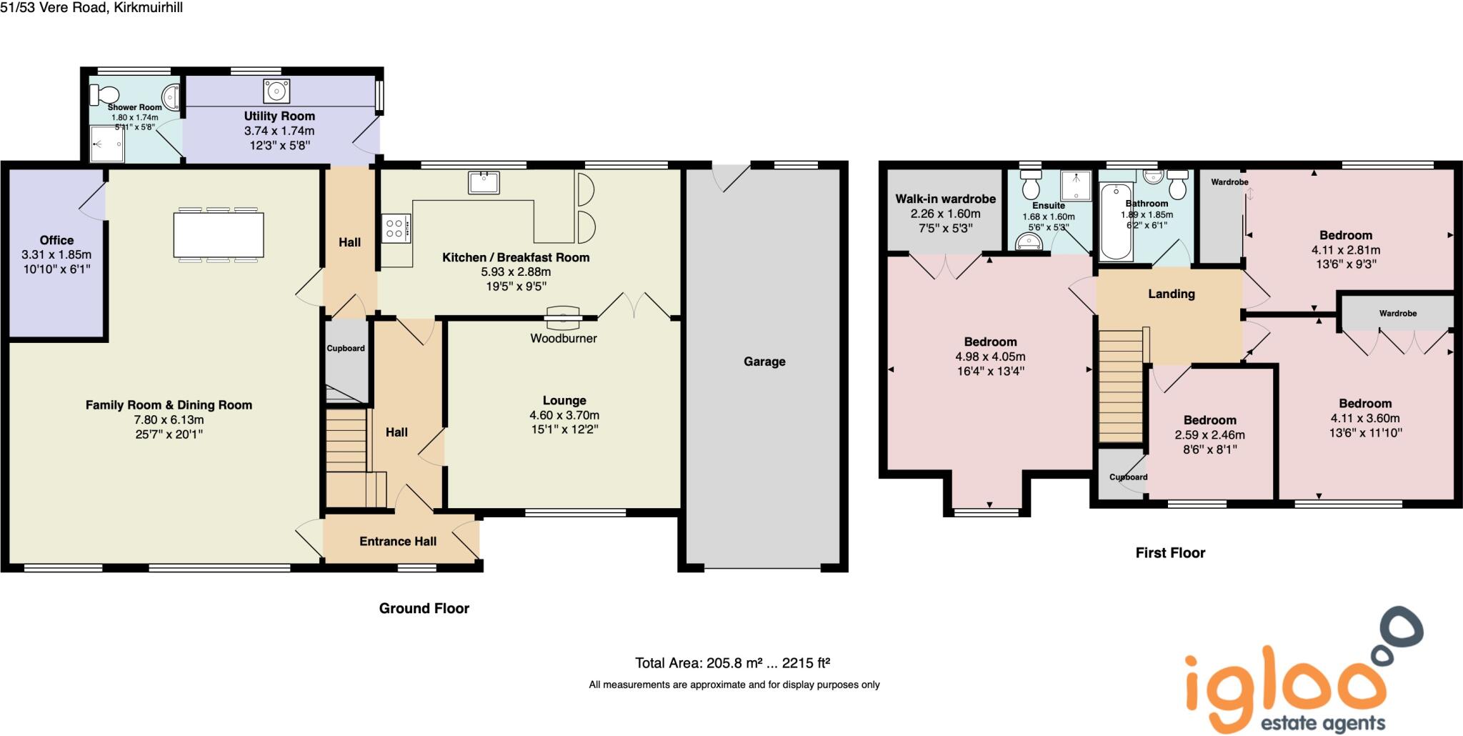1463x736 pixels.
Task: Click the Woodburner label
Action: pyautogui.click(x=563, y=338)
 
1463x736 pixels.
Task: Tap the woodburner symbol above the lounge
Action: pyautogui.click(x=563, y=315)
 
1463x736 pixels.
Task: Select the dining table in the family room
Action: pyautogui.click(x=219, y=235)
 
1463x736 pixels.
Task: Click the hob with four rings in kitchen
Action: pyautogui.click(x=395, y=229)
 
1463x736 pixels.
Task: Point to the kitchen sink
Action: pyautogui.click(x=484, y=182)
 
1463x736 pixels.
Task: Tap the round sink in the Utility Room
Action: pyautogui.click(x=276, y=91)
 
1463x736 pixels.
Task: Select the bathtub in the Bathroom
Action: pyautogui.click(x=1116, y=222)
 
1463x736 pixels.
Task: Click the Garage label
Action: pyautogui.click(x=764, y=362)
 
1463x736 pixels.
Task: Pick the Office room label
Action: pyautogui.click(x=56, y=240)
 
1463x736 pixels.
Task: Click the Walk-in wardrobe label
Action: pyautogui.click(x=945, y=199)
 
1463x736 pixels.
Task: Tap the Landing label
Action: pyautogui.click(x=1171, y=294)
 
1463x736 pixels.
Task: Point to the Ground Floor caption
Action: pyautogui.click(x=424, y=608)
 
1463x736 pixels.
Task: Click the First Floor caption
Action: pyautogui.click(x=1170, y=552)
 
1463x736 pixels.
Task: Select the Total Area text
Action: pyautogui.click(x=732, y=663)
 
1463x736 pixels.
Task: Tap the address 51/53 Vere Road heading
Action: pyautogui.click(x=91, y=8)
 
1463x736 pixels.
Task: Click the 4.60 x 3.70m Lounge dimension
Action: pyautogui.click(x=564, y=415)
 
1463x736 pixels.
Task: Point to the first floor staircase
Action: pyautogui.click(x=1120, y=386)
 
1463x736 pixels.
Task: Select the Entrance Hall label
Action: pyautogui.click(x=397, y=541)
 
